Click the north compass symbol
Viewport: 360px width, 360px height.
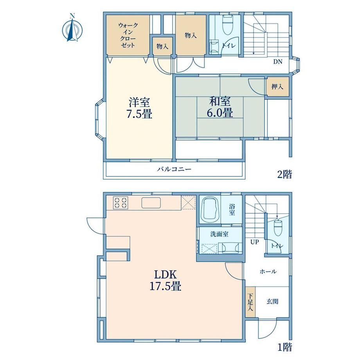(72, 28)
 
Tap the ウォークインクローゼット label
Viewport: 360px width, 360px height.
(128, 35)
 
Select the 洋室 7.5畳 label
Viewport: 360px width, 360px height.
(139, 108)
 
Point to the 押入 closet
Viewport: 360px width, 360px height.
(277, 87)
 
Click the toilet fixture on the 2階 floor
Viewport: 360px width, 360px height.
(227, 25)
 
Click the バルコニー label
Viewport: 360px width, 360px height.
(174, 169)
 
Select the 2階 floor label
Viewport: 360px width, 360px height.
(284, 174)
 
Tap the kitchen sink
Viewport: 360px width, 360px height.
(151, 203)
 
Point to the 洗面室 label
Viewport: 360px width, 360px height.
(219, 234)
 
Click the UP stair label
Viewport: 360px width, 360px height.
(255, 242)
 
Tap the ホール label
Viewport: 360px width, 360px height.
(268, 272)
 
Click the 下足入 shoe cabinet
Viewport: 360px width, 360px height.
(250, 302)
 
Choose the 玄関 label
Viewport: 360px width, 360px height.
(272, 301)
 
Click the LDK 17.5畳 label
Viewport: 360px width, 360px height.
(166, 280)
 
